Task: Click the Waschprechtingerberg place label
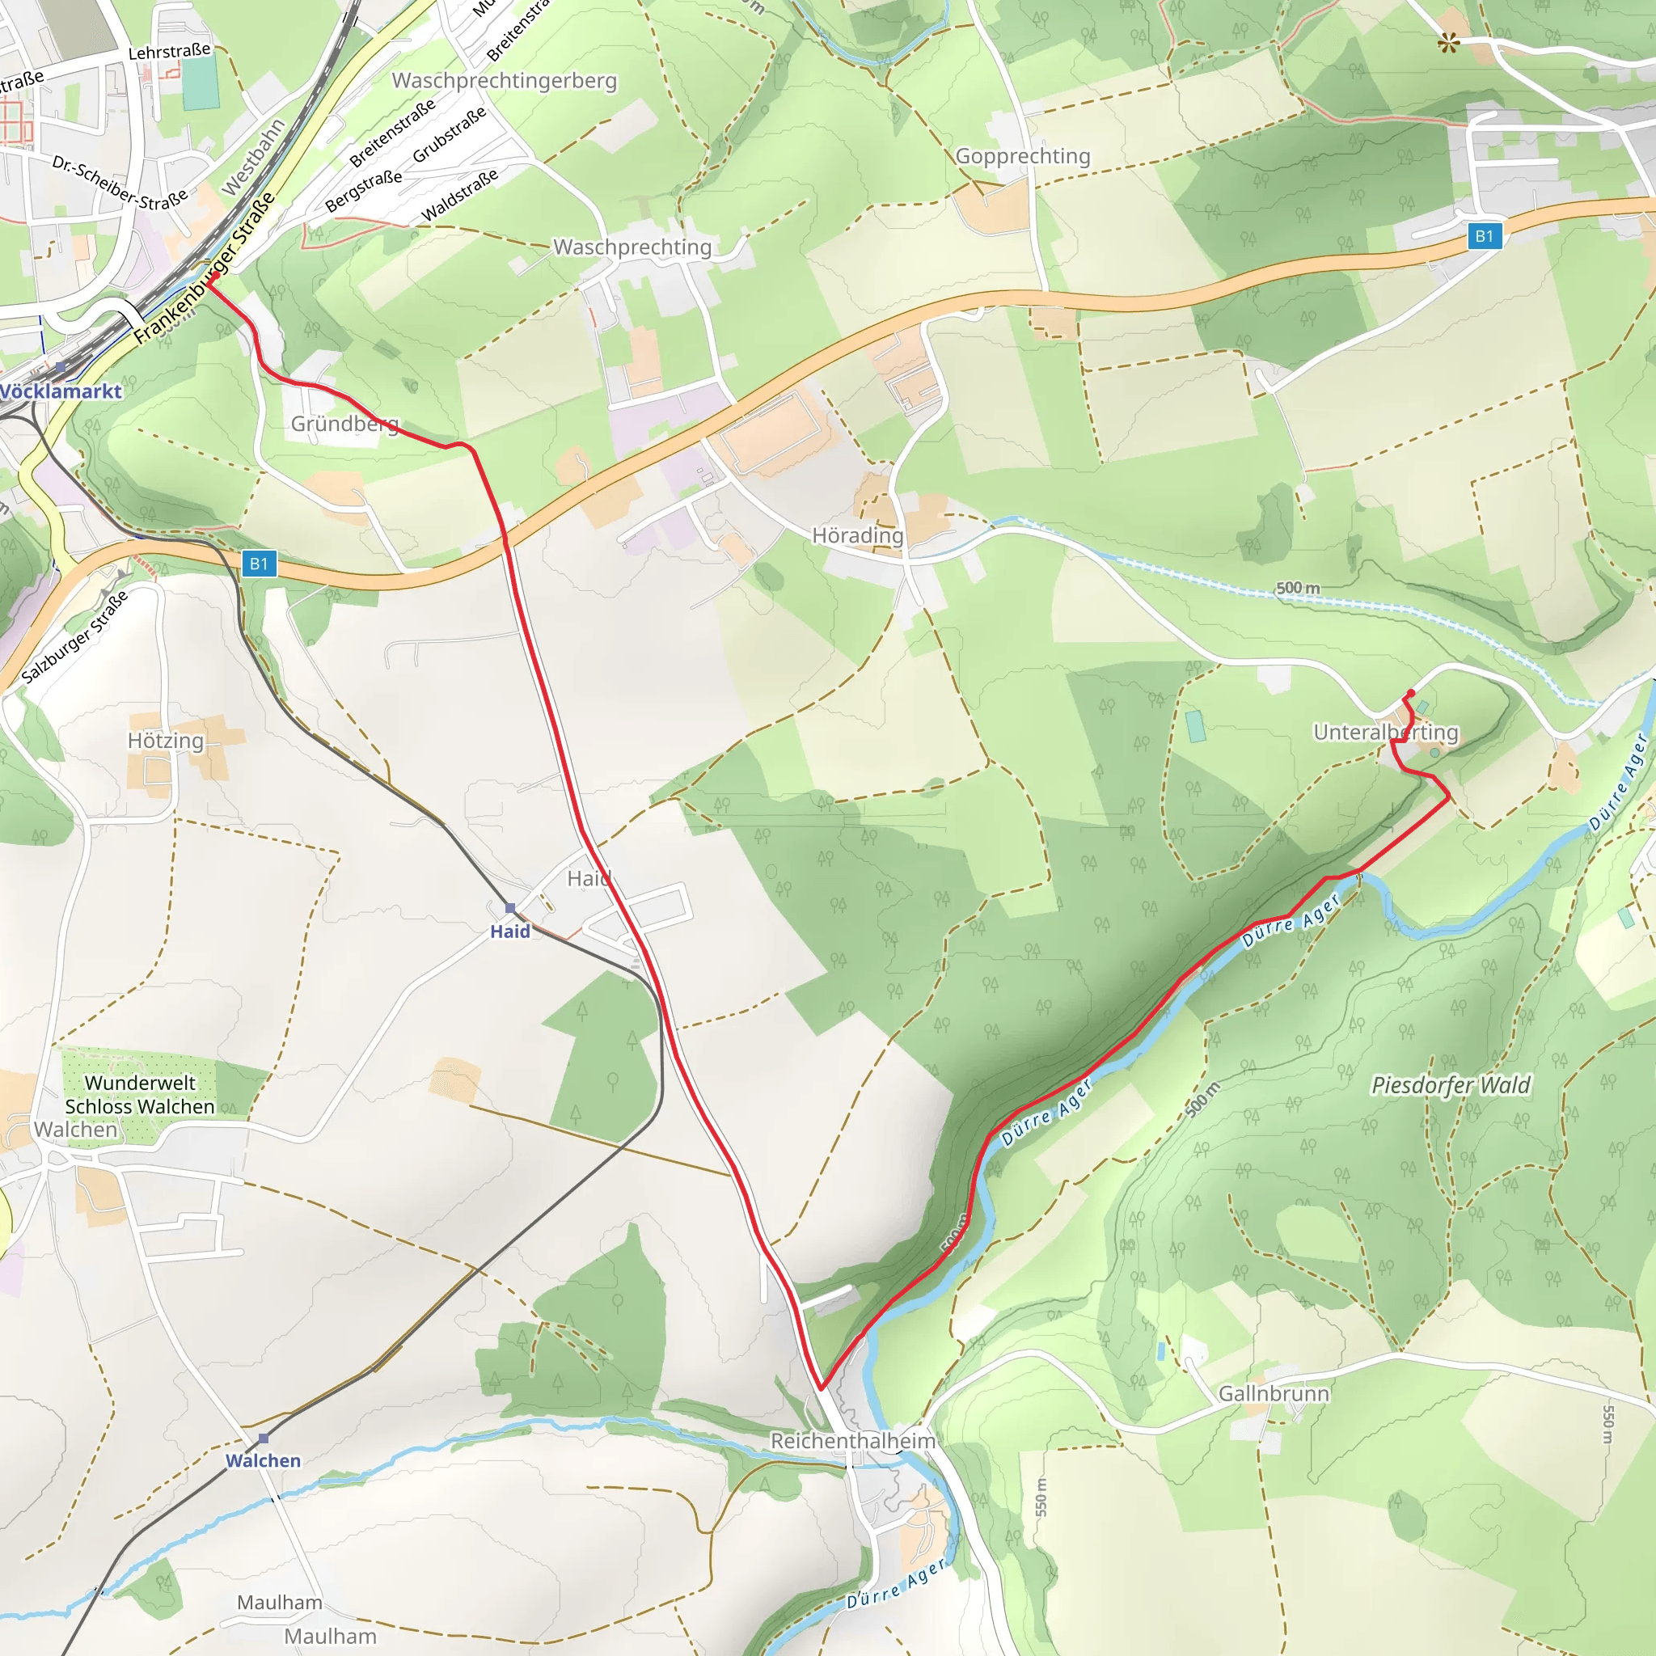coord(504,81)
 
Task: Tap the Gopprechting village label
coord(1023,156)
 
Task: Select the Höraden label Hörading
coord(857,536)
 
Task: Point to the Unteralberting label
coord(1385,732)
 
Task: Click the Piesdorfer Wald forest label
coord(1451,1085)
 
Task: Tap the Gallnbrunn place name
coord(1274,1394)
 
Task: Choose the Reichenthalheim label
coord(852,1441)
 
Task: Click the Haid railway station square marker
coord(510,908)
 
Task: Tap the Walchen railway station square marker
coord(263,1438)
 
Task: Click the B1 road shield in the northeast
coord(1485,236)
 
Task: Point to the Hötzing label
coord(166,741)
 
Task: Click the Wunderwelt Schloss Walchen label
coord(140,1095)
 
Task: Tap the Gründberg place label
coord(344,424)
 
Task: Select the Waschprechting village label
coord(632,247)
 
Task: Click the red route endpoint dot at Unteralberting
coord(1411,694)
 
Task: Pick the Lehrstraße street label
coord(169,52)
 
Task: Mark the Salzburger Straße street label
coord(74,636)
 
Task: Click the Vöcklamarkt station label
coord(60,391)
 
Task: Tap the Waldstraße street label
coord(459,196)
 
